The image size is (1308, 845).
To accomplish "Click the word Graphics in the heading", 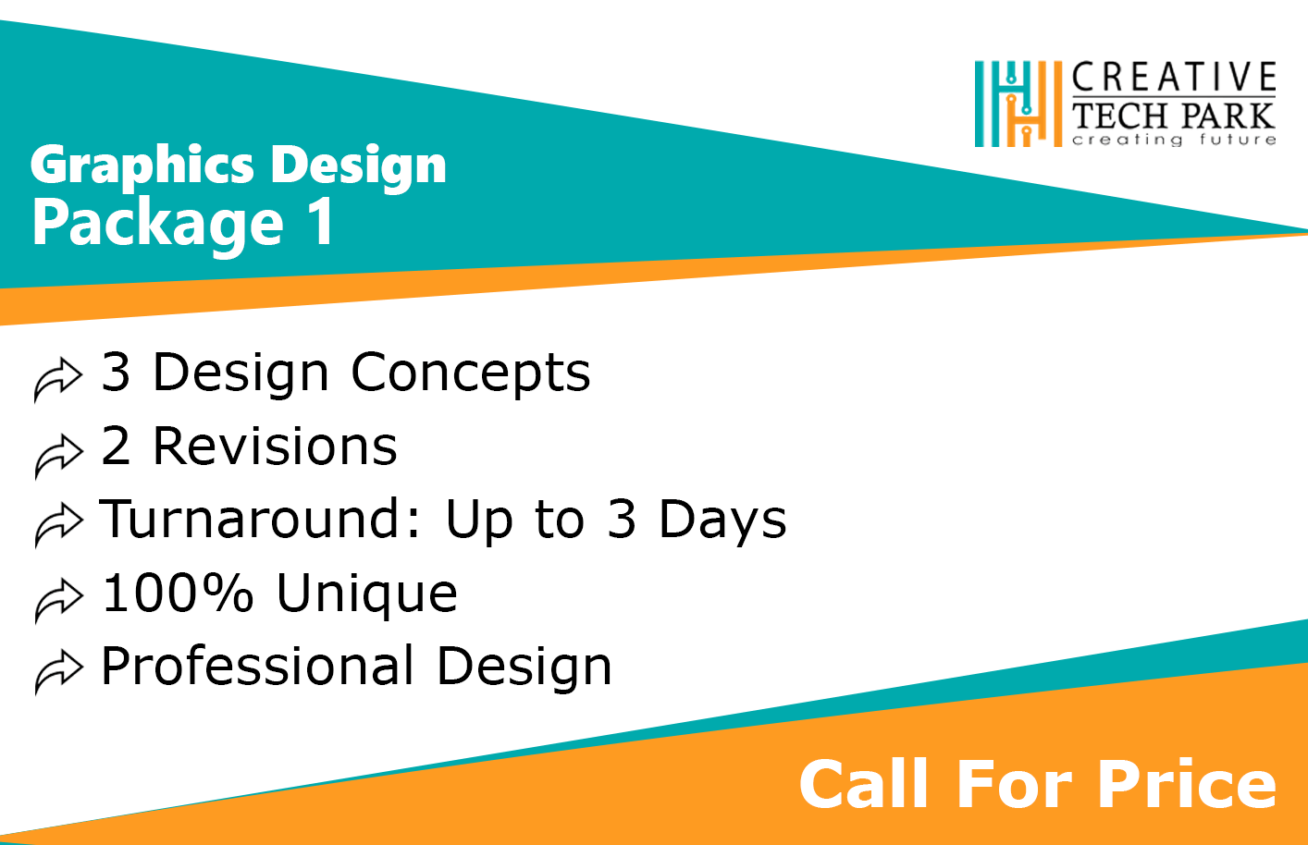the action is coord(142,165).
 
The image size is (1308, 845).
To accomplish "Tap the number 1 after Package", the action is coord(322,221).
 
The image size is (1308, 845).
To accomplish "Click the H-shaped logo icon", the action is coord(1018,104).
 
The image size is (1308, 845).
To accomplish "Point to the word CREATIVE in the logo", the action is coord(1174,77).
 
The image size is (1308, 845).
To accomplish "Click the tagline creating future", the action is coord(1174,140).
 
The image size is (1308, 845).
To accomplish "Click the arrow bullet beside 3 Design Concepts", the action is coord(57,379).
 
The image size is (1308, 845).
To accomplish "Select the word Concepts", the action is coord(470,374).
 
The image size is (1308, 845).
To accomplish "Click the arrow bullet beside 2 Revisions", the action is coord(57,457).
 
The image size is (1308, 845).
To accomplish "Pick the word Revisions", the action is coord(275,447).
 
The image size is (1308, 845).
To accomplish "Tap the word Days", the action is coord(722,520).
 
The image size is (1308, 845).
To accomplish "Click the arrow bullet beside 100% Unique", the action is coord(57,601).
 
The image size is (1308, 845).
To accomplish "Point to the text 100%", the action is coord(178,593).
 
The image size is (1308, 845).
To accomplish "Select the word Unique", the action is coord(366,595).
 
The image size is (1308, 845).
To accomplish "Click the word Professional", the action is coord(257,666).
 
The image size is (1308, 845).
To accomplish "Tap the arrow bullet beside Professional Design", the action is coord(57,672).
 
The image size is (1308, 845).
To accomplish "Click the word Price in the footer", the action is coord(1187,784).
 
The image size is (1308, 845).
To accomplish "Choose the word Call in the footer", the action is coord(863,783).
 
